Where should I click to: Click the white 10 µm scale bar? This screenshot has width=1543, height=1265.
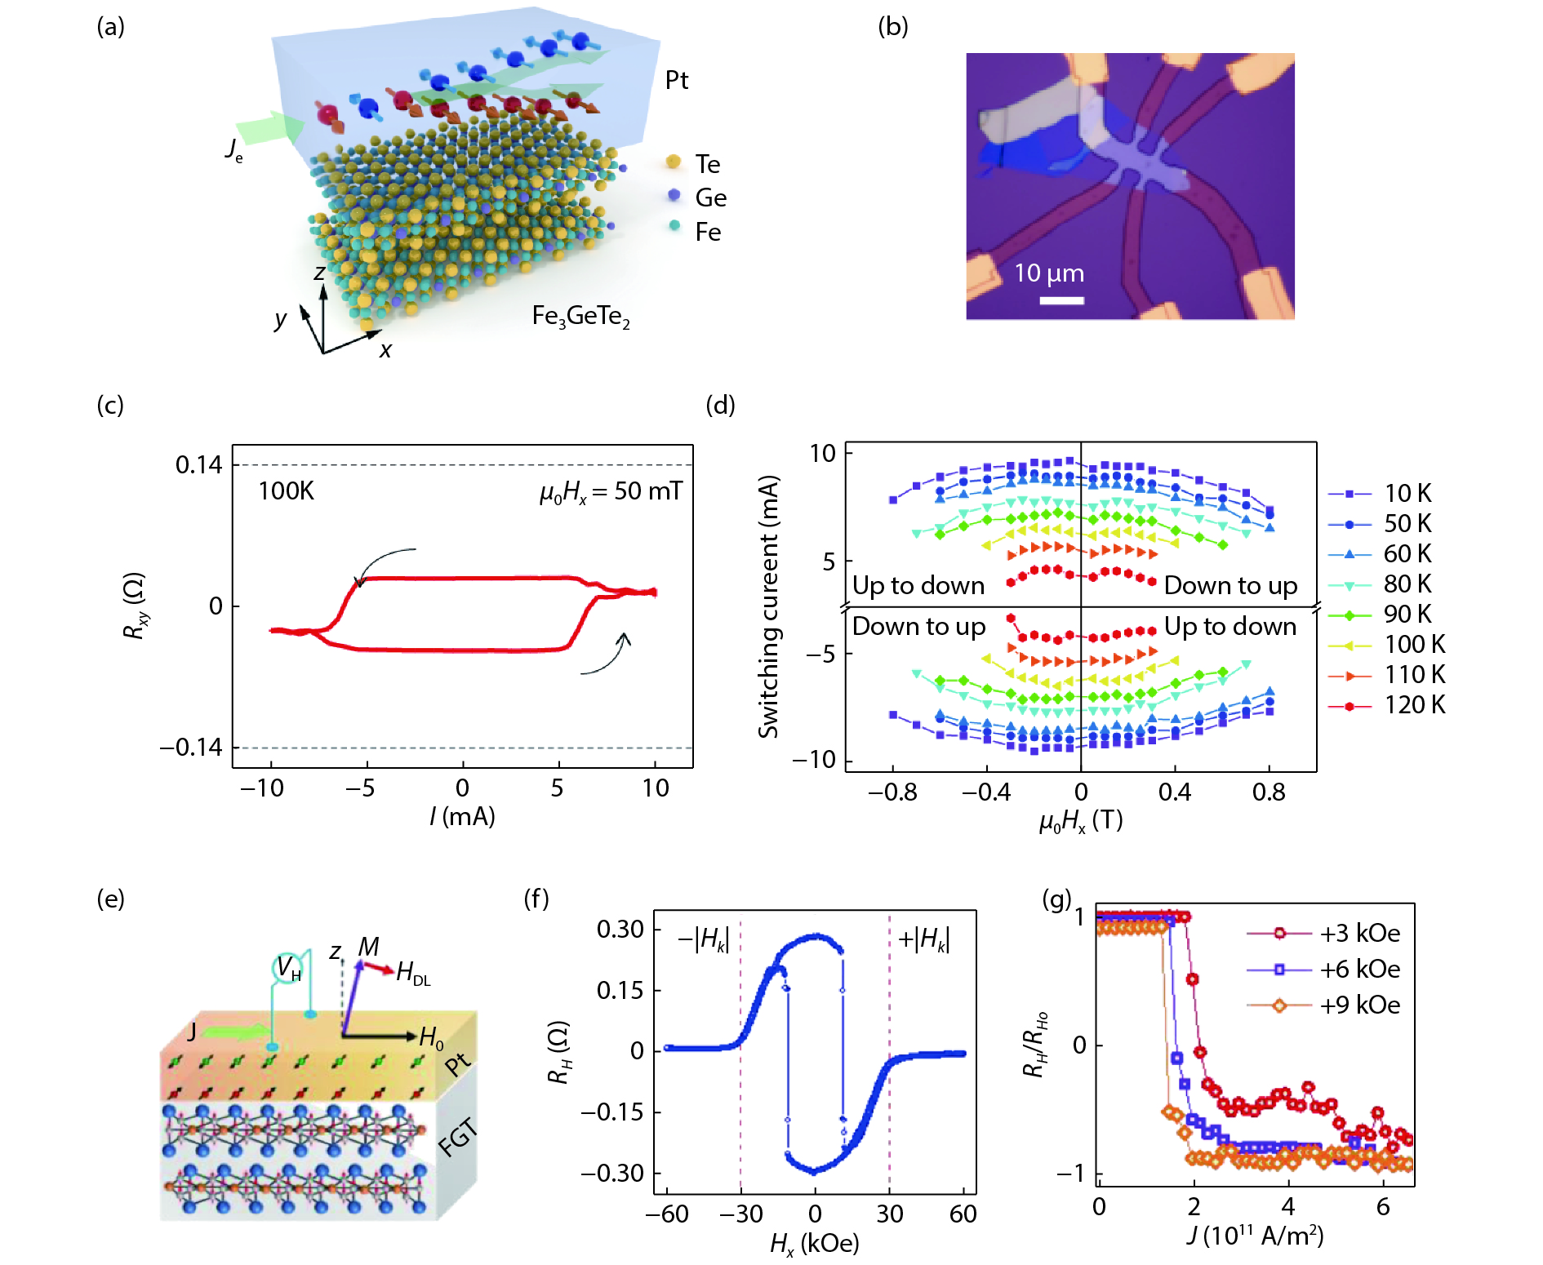[1061, 300]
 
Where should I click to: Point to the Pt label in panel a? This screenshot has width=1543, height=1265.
[676, 80]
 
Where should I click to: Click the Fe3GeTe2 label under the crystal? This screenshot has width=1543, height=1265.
[580, 317]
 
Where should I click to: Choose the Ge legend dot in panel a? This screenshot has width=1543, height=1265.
[674, 195]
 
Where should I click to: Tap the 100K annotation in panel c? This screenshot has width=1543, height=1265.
[286, 491]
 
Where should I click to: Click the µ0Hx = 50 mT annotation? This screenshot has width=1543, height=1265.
[610, 491]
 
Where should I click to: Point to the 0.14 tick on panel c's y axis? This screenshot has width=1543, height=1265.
[198, 465]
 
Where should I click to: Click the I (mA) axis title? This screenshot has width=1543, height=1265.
[462, 817]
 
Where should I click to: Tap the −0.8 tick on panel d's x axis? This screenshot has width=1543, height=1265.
[892, 792]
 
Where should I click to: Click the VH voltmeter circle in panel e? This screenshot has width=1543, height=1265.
[287, 968]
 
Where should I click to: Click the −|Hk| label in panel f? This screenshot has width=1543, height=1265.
[703, 939]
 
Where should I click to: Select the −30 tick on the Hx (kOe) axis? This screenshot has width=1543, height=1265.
[740, 1214]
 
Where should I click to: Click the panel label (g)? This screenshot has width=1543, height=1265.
[1056, 899]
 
